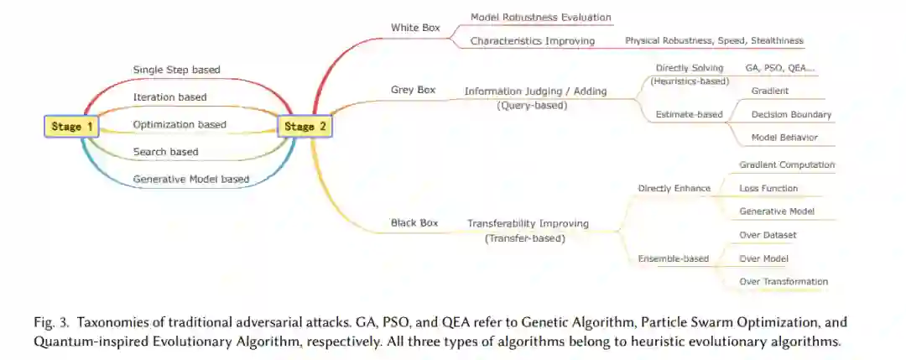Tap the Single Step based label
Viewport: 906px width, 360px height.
pos(176,70)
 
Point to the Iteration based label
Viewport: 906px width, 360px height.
pos(169,97)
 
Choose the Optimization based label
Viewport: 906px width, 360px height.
pos(180,125)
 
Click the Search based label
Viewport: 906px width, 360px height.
pos(165,152)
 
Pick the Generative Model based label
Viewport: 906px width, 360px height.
pos(190,179)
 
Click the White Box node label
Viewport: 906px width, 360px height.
pos(415,28)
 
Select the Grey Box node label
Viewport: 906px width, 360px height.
pos(413,90)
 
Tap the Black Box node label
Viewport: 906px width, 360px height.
pos(414,223)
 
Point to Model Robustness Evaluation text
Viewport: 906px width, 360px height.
pos(540,17)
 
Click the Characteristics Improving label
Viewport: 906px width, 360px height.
pos(532,40)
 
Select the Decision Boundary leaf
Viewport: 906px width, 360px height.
pos(791,114)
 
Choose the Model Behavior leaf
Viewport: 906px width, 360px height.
pos(784,137)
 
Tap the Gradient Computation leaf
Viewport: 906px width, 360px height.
pos(787,165)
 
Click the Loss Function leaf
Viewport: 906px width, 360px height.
pos(768,189)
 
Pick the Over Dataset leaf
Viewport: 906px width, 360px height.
pos(768,235)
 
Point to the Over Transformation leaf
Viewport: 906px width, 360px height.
pos(784,281)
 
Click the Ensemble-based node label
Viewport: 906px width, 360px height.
pos(673,258)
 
